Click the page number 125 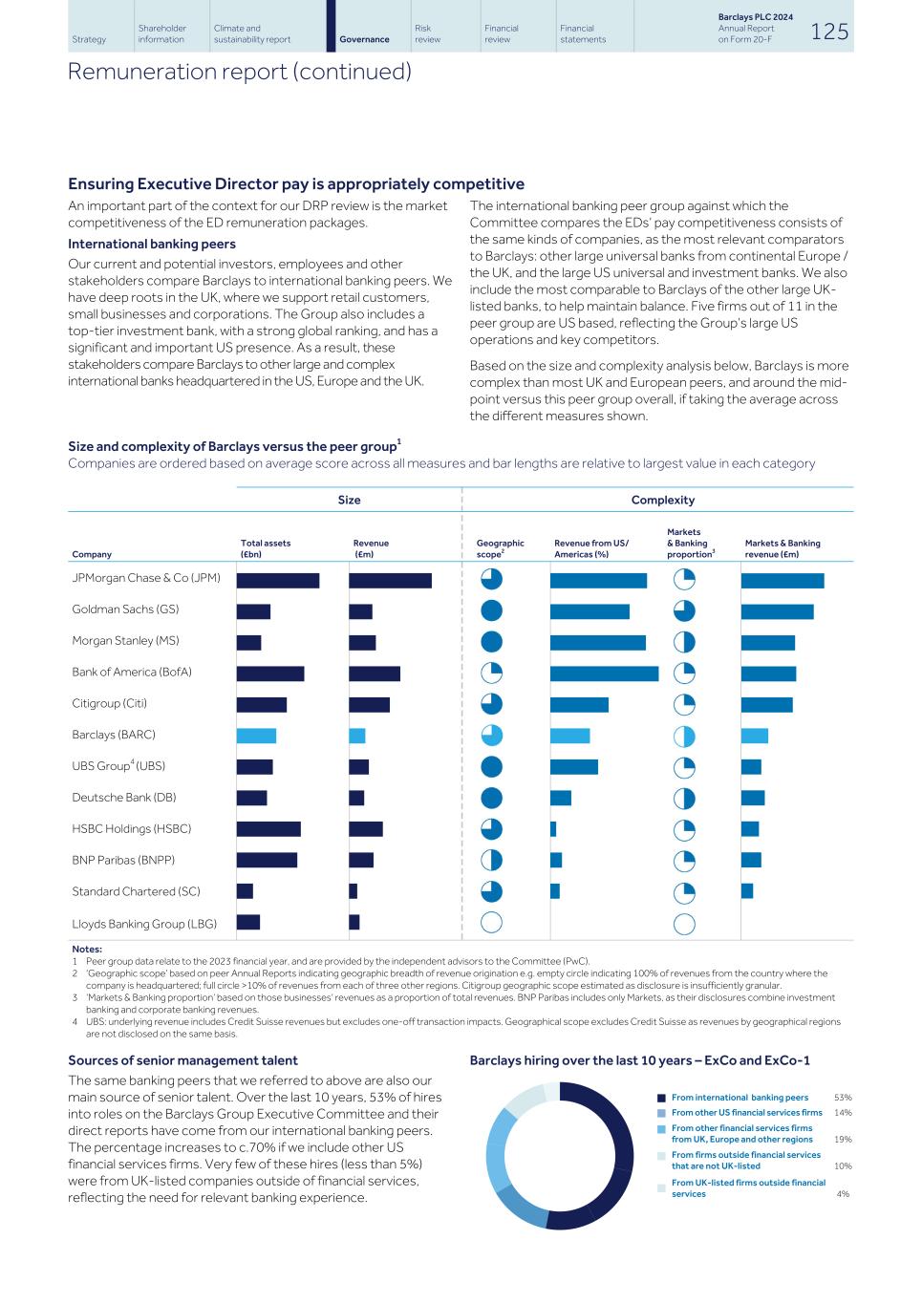(828, 32)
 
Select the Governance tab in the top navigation (364, 39)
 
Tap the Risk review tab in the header (427, 33)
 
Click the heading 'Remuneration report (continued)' (239, 72)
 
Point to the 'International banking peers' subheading (151, 244)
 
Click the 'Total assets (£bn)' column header (266, 548)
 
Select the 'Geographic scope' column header (500, 548)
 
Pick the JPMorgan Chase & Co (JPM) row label (145, 578)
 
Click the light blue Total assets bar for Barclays (256, 736)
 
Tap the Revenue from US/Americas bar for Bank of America (604, 673)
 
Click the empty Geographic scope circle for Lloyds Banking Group (491, 923)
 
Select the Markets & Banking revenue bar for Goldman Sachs (777, 611)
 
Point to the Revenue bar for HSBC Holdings (365, 829)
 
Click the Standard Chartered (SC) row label (136, 891)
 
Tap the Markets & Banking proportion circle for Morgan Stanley (684, 642)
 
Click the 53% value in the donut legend (842, 1098)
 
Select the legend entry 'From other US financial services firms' (746, 1112)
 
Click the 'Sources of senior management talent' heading (182, 1060)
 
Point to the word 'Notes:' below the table (87, 949)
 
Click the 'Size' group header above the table (349, 500)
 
